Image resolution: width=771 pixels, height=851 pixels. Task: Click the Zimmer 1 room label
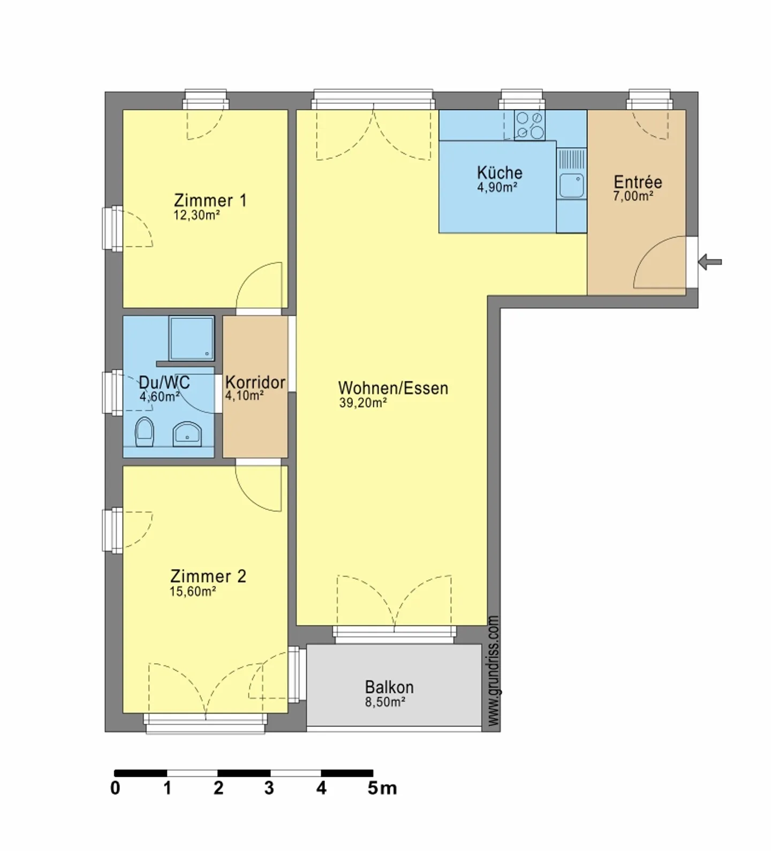point(210,201)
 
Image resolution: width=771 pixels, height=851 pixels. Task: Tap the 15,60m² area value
point(193,591)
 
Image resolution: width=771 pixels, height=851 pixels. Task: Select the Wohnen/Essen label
point(393,388)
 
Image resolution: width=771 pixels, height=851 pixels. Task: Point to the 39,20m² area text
point(362,403)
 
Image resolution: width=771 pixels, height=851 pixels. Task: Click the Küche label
point(500,172)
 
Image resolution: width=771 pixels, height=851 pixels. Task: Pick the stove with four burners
point(529,125)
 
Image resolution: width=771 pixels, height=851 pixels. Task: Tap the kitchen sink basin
point(571,186)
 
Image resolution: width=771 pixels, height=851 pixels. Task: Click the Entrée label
point(638,182)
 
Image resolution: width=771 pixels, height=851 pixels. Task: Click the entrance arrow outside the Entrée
point(710,262)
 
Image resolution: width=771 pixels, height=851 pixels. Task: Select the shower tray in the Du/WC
point(191,338)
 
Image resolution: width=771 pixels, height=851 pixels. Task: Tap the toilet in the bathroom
point(144,432)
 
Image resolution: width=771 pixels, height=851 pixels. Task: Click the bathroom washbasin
point(187,434)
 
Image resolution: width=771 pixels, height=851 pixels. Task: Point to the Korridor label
point(255,382)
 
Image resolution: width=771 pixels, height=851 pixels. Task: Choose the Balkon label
point(389,687)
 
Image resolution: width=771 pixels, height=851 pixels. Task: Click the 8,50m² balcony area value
point(385,702)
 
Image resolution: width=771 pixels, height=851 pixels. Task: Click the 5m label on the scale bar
point(382,788)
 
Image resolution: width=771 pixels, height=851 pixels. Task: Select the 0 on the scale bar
point(115,788)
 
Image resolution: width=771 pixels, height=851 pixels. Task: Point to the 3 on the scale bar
point(269,788)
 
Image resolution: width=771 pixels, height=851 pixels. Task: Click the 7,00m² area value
point(633,196)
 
